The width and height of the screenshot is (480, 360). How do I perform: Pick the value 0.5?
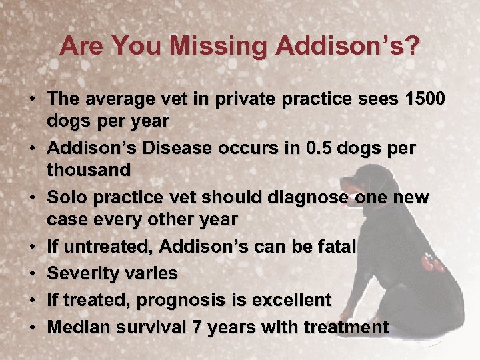tap(317, 149)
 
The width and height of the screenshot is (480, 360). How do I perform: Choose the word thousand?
tap(89, 170)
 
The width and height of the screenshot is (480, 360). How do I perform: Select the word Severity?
tap(83, 273)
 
